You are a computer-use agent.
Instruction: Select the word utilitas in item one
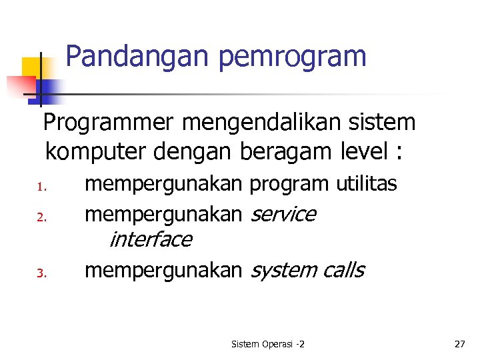pos(367,183)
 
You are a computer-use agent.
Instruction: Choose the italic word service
pos(282,214)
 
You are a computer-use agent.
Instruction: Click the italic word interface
pos(150,239)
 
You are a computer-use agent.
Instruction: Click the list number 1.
pos(40,187)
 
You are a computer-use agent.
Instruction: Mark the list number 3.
pos(40,273)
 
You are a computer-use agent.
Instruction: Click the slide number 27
pos(459,344)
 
